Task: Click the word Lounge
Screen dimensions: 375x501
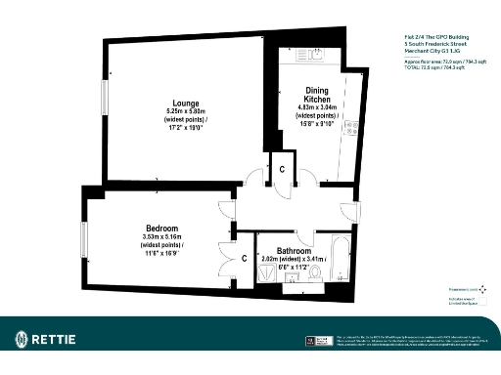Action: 186,103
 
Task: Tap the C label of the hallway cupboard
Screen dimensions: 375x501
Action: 282,169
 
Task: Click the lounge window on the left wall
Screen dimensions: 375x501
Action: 107,99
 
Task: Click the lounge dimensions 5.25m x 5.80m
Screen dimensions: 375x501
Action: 186,112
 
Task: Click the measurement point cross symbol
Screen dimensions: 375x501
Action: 483,290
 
